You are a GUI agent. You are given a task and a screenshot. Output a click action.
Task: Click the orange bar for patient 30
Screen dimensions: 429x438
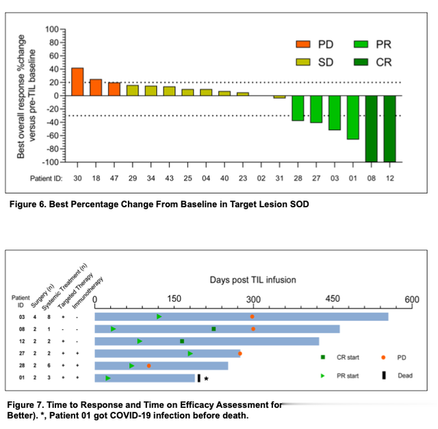[x=77, y=82]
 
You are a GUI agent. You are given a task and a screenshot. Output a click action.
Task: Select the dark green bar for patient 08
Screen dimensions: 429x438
[x=371, y=128]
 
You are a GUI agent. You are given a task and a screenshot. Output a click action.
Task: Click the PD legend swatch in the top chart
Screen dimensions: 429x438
[x=302, y=44]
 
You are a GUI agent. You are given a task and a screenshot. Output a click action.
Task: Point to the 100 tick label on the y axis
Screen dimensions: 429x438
[x=51, y=29]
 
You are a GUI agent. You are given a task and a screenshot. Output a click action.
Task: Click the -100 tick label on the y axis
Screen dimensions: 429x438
[x=49, y=162]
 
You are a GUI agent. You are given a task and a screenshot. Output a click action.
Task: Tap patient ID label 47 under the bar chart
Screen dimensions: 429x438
[x=114, y=178]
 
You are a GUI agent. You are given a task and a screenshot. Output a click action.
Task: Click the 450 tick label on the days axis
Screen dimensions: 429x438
[x=332, y=299]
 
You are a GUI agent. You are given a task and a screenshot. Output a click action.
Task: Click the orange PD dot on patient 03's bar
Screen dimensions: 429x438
[x=253, y=317]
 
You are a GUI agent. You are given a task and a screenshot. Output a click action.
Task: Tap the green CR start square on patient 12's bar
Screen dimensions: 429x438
[x=182, y=341]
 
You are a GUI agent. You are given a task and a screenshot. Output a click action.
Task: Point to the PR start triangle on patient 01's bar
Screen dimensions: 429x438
[x=108, y=378]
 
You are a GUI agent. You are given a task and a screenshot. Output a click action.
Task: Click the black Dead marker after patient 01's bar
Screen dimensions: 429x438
[x=198, y=378]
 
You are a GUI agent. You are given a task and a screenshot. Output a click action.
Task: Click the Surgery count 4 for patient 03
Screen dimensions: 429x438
[x=34, y=317]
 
